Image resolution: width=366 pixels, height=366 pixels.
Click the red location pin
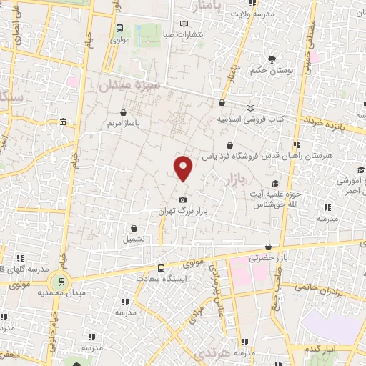point(184,167)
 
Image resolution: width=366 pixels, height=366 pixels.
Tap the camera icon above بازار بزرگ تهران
point(183,199)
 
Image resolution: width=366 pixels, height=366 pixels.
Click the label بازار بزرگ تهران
point(183,213)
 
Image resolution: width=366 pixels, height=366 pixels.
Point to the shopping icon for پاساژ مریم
point(125,112)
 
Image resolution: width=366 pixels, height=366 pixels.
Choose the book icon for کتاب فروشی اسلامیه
point(249,107)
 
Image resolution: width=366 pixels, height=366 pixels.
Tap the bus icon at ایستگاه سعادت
point(161,267)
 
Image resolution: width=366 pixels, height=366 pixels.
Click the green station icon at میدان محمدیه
point(61,282)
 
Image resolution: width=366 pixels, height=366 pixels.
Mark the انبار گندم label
point(322,348)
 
